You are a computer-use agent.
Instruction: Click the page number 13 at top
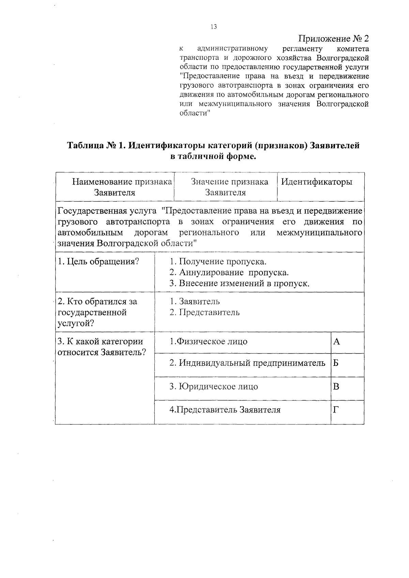[x=214, y=27]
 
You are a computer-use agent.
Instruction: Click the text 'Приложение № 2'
[x=334, y=38]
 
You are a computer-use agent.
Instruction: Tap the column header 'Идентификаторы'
[x=316, y=182]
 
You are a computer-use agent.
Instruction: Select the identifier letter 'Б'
[x=336, y=363]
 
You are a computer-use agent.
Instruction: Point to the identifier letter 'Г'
[x=336, y=410]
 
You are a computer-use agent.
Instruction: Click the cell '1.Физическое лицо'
[x=209, y=342]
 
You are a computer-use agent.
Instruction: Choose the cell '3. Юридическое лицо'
[x=214, y=387]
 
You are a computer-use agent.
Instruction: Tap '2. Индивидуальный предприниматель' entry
[x=247, y=363]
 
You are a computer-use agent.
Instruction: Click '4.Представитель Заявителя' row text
[x=225, y=410]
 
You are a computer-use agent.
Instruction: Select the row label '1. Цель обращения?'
[x=99, y=262]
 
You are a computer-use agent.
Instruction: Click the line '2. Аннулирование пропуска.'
[x=229, y=273]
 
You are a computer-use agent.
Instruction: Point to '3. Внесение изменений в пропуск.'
[x=239, y=284]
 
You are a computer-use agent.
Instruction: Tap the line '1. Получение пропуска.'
[x=218, y=262]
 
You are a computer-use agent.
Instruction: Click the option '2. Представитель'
[x=204, y=312]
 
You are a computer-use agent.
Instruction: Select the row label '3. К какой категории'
[x=101, y=342]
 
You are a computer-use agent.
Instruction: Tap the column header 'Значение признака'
[x=229, y=182]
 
